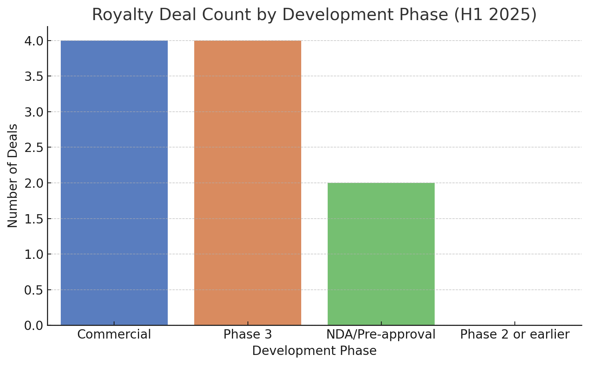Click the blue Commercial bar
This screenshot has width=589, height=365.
click(114, 182)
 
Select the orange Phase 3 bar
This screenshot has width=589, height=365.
click(248, 182)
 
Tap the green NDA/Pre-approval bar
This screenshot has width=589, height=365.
click(381, 254)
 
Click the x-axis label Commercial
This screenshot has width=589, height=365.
click(114, 334)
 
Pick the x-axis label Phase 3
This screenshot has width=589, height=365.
click(248, 334)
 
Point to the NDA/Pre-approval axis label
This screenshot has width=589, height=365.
click(381, 334)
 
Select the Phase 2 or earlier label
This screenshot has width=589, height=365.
click(514, 334)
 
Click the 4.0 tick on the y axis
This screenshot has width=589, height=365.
click(34, 41)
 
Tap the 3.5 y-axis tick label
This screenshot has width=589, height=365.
click(34, 76)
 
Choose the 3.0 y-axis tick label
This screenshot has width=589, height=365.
click(34, 112)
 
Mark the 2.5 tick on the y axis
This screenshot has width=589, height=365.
click(34, 147)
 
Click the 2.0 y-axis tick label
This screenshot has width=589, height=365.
click(34, 183)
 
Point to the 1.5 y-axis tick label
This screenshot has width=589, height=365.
click(34, 219)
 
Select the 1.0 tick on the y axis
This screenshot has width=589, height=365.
click(34, 254)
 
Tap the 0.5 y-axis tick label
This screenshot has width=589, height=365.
click(34, 290)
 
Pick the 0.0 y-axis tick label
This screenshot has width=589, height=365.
click(34, 326)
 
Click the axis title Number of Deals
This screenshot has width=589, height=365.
click(13, 176)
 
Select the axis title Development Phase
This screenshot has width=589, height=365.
click(314, 351)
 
